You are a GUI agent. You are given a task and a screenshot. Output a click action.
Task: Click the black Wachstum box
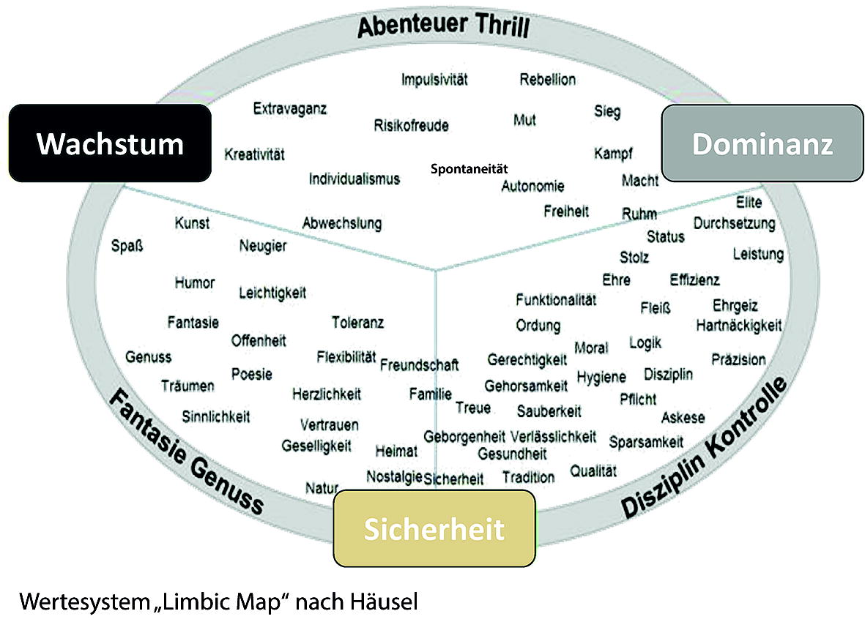[x=110, y=143]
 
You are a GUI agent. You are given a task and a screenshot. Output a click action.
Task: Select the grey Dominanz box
[x=762, y=143]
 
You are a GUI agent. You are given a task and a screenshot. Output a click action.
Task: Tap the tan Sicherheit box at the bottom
[x=434, y=528]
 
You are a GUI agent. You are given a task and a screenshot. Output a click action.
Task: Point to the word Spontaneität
[x=469, y=168]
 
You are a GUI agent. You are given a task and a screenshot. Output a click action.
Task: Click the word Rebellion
[x=547, y=80]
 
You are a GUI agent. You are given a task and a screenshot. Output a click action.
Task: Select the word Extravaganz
[x=290, y=109]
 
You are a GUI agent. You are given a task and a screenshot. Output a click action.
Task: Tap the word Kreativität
[x=254, y=154]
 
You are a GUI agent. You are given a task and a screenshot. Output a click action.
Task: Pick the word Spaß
[x=127, y=245]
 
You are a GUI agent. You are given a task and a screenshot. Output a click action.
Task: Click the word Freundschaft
[x=420, y=364]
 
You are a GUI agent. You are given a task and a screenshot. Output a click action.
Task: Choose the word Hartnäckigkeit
[x=739, y=324]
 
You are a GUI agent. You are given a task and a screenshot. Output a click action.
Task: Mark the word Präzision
[x=738, y=359]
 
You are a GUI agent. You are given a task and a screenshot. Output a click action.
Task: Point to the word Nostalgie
[x=394, y=476]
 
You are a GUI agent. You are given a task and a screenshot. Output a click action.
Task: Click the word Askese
[x=683, y=418]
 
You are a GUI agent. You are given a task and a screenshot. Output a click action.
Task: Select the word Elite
[x=749, y=203]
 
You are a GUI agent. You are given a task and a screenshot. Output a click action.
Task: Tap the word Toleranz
[x=357, y=322]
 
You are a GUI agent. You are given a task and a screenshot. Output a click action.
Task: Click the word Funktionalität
[x=556, y=300]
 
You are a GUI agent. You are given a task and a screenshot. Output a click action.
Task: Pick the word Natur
[x=322, y=487]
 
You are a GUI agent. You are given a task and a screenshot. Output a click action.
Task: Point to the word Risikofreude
[x=411, y=125]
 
